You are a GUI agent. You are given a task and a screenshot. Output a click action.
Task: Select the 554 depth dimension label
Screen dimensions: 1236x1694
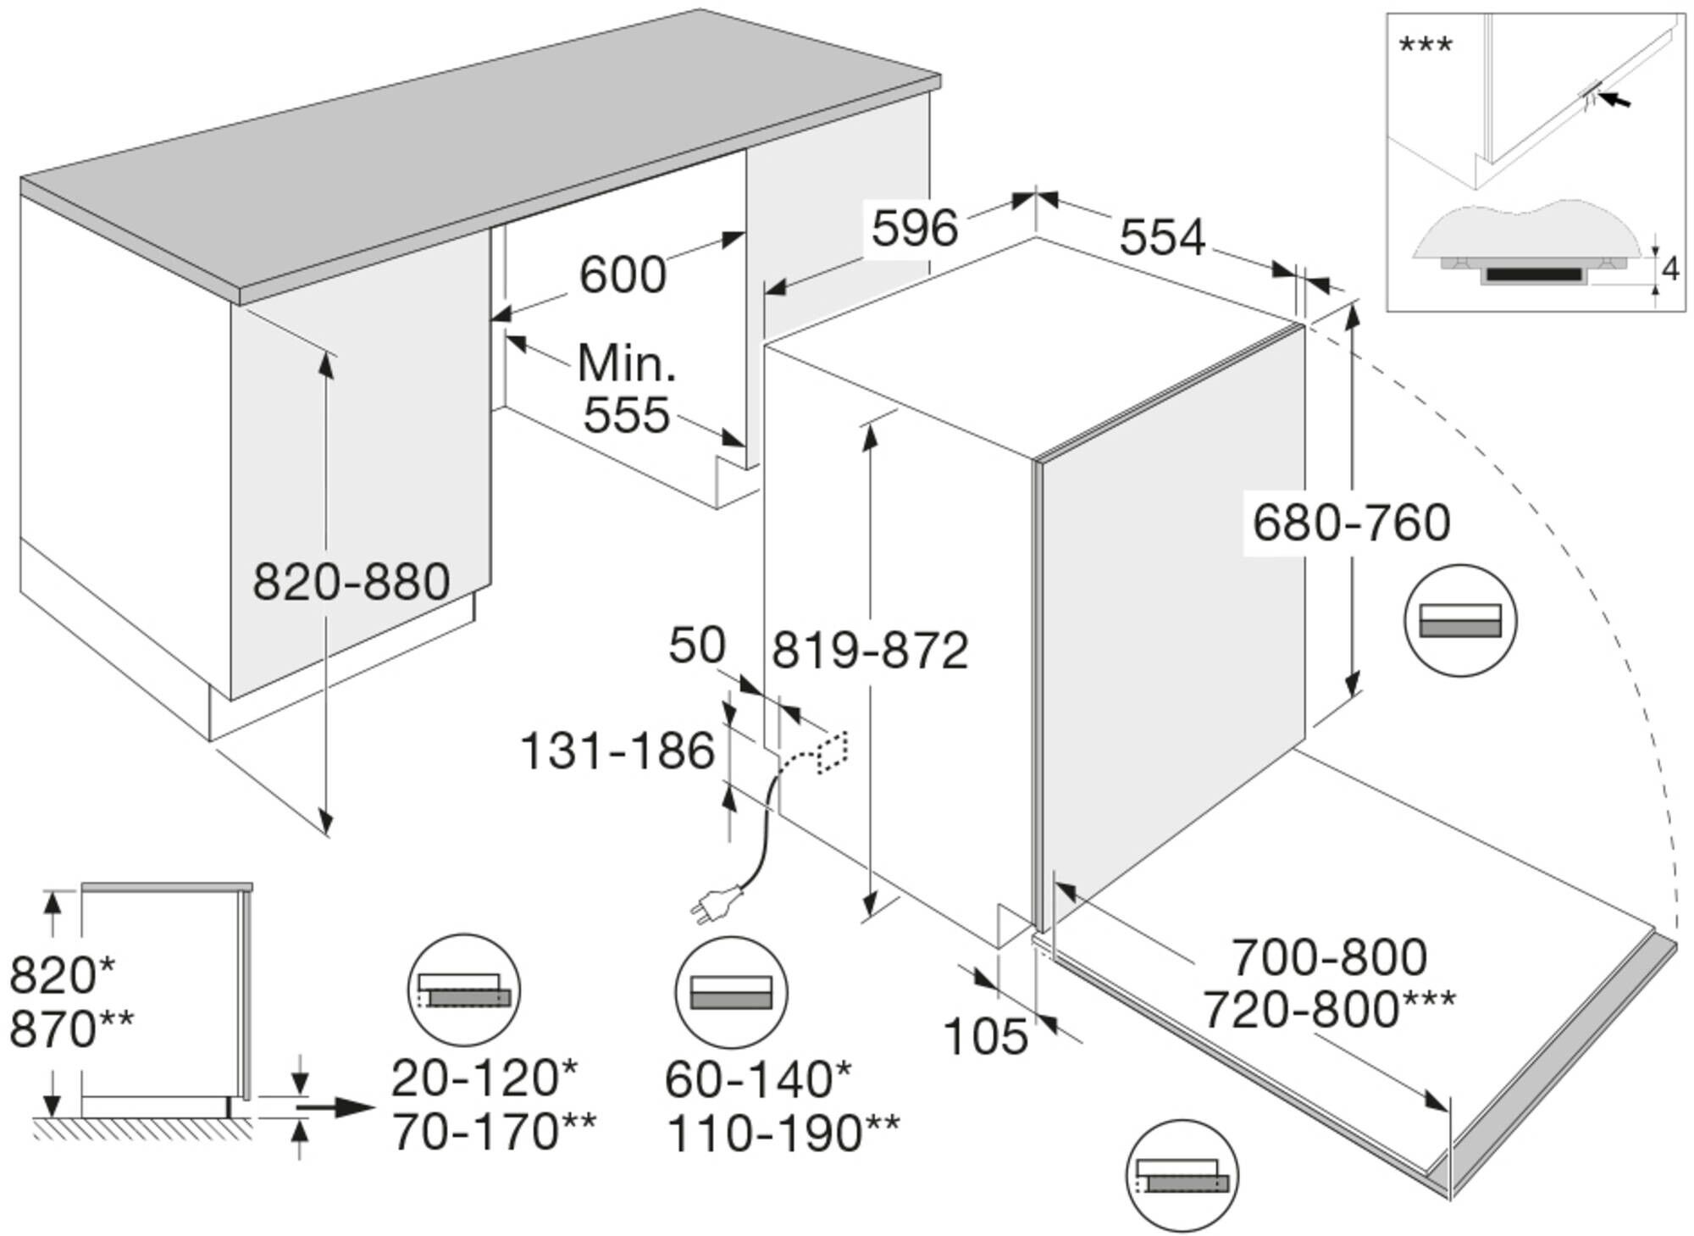click(1162, 238)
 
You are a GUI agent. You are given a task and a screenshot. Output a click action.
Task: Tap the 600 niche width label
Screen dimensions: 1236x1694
click(623, 275)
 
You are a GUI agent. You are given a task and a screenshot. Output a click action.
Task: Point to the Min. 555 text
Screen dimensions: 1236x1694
click(627, 390)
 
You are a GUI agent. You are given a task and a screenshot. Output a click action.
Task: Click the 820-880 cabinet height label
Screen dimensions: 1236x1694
click(352, 583)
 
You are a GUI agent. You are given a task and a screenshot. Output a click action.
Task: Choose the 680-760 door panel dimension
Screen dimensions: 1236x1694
click(1351, 524)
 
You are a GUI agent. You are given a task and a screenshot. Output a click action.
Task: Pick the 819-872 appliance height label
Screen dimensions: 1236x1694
click(870, 651)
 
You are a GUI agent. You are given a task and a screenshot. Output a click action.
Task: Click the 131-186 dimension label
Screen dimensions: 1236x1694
click(617, 751)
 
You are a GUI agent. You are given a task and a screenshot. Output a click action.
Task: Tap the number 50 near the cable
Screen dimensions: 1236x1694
click(697, 646)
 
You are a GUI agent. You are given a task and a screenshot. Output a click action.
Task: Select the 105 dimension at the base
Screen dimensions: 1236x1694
click(986, 1036)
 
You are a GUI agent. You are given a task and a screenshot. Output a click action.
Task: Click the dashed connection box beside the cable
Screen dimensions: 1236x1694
click(832, 752)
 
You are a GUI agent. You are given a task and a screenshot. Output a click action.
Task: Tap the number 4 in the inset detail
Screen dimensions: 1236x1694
click(1670, 269)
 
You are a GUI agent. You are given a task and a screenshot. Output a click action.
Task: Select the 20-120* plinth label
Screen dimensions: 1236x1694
click(484, 1078)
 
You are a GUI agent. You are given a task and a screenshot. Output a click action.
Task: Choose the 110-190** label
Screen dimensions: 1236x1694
click(783, 1133)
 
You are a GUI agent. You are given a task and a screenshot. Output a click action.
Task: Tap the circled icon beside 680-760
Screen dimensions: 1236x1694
click(1460, 620)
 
